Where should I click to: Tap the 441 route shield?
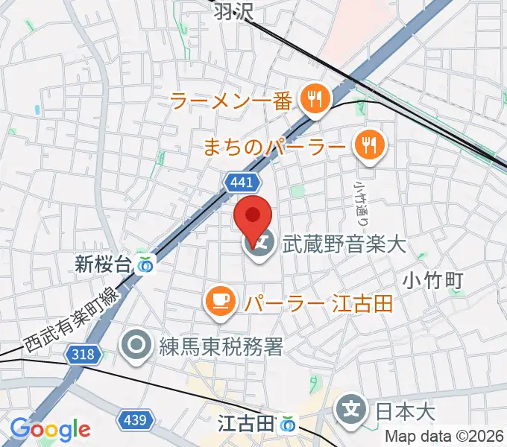(242, 182)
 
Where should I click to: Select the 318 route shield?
(84, 355)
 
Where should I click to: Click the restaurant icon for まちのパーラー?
(368, 142)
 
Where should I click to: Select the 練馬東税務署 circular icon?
(137, 345)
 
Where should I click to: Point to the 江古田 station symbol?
(288, 425)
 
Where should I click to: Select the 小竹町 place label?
(435, 281)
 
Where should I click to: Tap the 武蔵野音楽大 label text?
(344, 244)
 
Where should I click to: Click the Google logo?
(50, 429)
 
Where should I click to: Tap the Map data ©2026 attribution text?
(445, 437)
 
